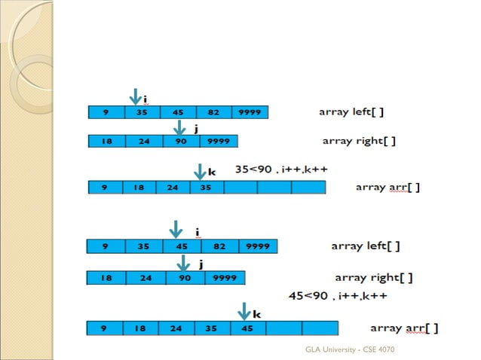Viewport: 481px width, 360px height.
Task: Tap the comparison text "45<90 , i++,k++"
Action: [338, 295]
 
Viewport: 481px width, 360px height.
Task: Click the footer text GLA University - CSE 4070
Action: [350, 350]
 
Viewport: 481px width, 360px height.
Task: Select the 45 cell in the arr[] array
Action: [247, 328]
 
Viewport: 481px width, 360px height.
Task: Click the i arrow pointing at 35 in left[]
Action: [136, 97]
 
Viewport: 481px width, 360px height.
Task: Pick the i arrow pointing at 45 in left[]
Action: [176, 229]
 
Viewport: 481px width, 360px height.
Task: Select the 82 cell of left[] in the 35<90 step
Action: [213, 112]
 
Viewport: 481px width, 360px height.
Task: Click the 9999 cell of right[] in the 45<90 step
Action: [225, 278]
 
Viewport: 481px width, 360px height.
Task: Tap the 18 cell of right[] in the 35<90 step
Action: [107, 141]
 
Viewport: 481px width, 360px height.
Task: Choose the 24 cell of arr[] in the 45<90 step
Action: [176, 328]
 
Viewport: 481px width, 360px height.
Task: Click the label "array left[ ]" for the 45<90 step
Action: [365, 246]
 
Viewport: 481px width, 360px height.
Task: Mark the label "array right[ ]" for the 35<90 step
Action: [359, 141]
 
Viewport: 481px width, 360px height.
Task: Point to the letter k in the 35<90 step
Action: [212, 172]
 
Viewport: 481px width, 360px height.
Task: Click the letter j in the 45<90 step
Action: [201, 264]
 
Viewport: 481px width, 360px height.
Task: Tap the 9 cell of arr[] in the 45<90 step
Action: [105, 328]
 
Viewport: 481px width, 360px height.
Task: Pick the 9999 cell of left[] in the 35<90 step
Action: [250, 112]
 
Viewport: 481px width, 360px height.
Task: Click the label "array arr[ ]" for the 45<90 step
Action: [404, 328]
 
